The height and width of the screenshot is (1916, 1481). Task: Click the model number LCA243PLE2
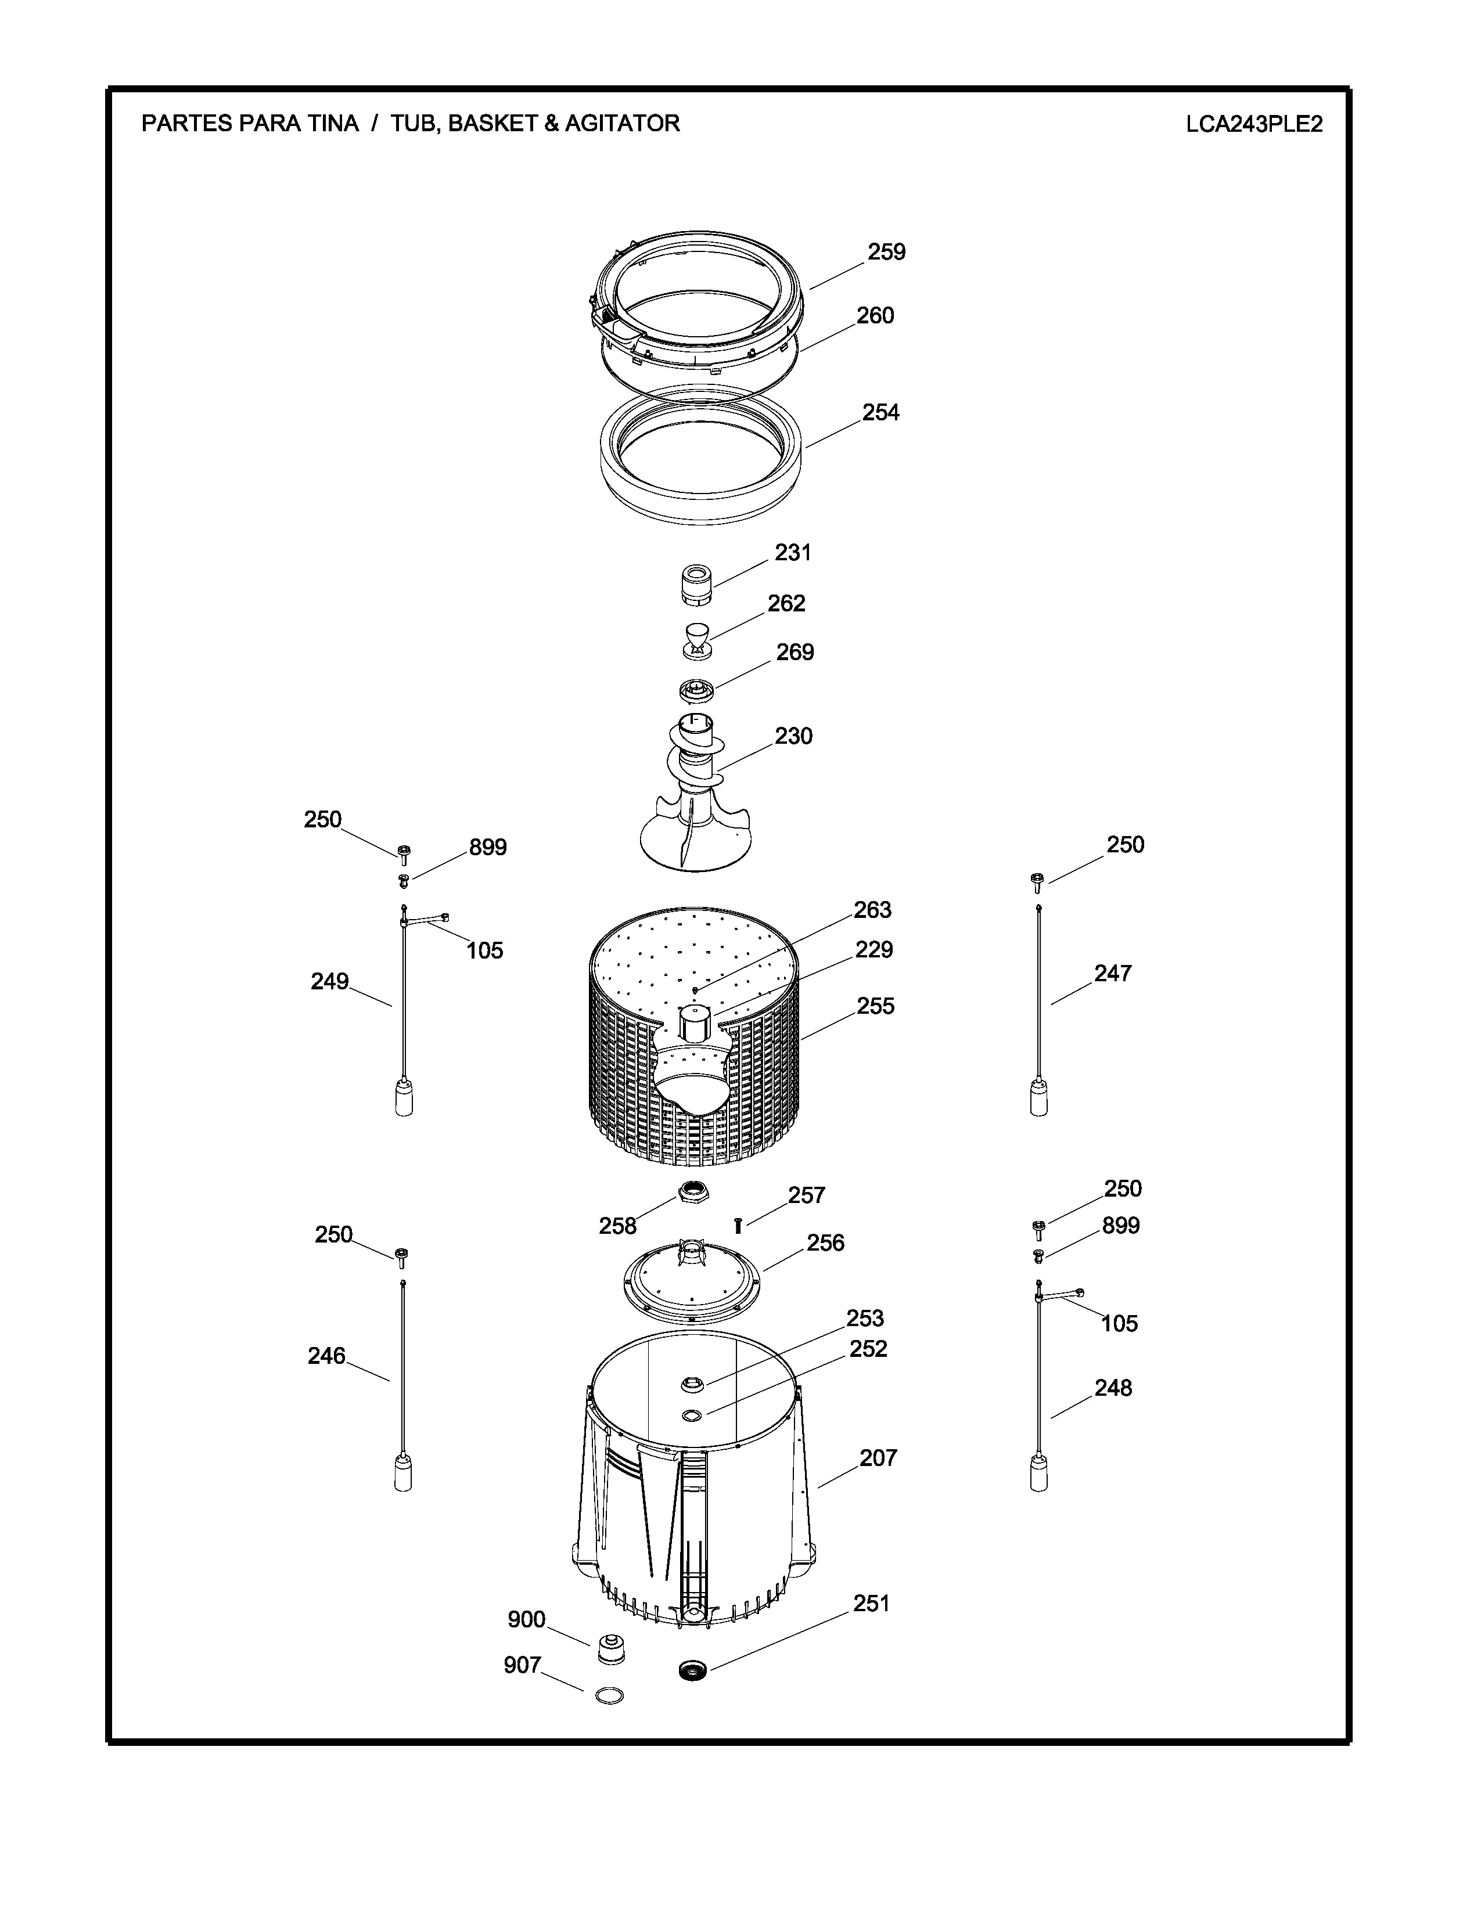[1254, 124]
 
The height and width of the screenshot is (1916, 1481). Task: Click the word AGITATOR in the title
[622, 124]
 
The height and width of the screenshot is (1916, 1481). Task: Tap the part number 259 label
[886, 252]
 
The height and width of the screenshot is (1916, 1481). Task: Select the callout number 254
[881, 412]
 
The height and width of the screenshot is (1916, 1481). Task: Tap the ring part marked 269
[698, 692]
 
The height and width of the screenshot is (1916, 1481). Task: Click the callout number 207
[878, 1458]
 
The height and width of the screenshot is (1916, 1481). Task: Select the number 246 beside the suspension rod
[326, 1356]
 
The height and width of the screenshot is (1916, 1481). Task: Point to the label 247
[1113, 973]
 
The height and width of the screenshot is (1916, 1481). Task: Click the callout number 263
[872, 910]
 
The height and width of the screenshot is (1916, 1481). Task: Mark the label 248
[1113, 1388]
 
